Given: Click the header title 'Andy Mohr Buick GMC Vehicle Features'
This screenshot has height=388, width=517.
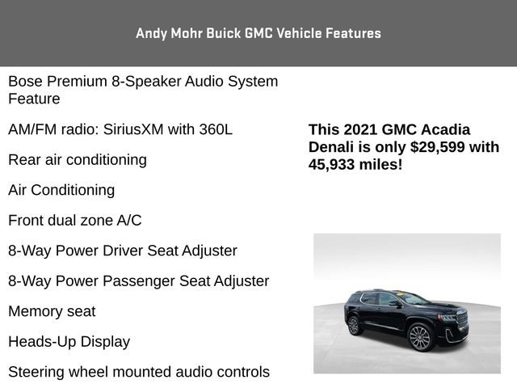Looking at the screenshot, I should tap(258, 33).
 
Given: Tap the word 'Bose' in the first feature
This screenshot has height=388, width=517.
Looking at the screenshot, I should tap(26, 82).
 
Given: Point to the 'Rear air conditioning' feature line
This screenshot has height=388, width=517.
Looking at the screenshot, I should tap(78, 159).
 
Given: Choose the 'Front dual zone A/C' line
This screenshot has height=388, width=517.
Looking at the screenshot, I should tap(75, 220).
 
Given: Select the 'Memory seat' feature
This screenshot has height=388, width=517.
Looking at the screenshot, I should tap(52, 311).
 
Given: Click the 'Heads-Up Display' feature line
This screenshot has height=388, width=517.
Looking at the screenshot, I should tap(69, 341).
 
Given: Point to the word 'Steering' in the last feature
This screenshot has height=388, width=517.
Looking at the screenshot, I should tap(36, 372).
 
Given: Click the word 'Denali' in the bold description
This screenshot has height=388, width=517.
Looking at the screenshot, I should tap(332, 147).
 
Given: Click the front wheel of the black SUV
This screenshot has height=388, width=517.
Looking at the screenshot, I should tap(419, 337).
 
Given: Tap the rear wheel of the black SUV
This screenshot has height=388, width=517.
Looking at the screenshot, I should tap(353, 325).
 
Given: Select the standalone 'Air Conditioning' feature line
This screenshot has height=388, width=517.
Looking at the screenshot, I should tap(61, 190).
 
